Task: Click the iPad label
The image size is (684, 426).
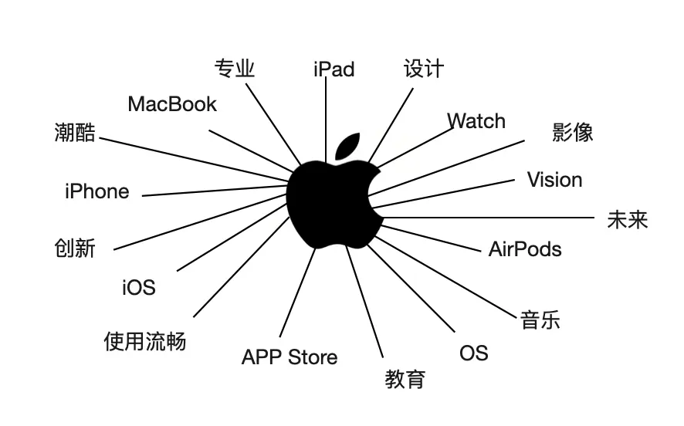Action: pos(334,69)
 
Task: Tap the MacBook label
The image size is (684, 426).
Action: pos(172,104)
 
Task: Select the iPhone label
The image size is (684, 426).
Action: pos(97,191)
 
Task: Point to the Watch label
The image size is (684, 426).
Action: pos(476,121)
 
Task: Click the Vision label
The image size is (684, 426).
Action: pos(554,180)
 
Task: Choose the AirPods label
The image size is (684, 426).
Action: pos(525,249)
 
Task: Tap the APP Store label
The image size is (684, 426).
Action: pos(290,357)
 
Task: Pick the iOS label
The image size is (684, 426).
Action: pos(139,288)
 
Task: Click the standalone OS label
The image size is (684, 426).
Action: pos(473,353)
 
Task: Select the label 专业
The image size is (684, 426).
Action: pos(234,69)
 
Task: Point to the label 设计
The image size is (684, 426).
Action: pos(424,68)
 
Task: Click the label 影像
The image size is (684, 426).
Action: pos(573,132)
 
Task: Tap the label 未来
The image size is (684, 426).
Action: pos(627,220)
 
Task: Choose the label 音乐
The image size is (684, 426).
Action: pos(540,319)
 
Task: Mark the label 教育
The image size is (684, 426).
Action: pos(405,379)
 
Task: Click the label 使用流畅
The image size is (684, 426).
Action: pos(145,341)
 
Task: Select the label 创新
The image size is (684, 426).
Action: pos(75,248)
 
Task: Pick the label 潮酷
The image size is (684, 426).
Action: pos(76,132)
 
